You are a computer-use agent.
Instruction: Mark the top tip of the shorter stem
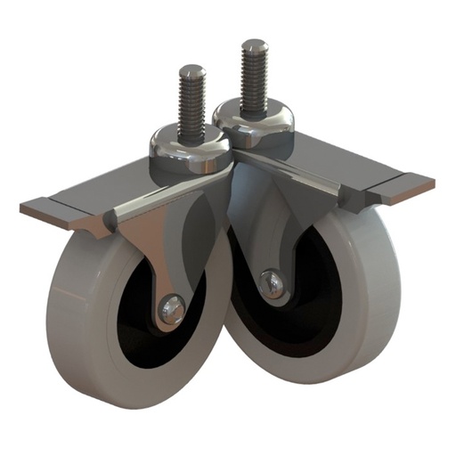click(191, 69)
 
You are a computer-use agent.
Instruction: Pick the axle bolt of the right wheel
click(272, 283)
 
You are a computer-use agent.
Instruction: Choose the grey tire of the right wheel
click(356, 294)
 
